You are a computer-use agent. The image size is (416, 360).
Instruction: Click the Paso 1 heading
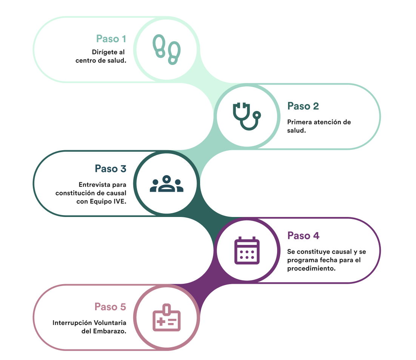111,39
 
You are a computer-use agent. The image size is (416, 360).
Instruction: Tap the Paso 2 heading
303,106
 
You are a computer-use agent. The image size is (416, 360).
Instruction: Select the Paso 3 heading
110,169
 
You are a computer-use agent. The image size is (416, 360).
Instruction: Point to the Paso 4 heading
303,235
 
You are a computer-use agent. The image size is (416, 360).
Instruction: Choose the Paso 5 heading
110,307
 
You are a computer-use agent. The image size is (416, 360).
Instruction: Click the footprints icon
166,49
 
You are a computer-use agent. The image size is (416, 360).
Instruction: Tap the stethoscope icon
247,116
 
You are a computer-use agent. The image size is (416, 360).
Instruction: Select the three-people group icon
166,183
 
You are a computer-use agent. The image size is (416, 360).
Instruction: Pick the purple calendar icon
247,251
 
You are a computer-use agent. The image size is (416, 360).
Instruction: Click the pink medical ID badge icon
166,318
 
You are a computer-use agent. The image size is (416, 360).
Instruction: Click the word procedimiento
311,268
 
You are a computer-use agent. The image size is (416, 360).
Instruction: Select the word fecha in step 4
328,260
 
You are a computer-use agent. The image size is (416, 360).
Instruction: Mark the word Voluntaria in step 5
110,323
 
